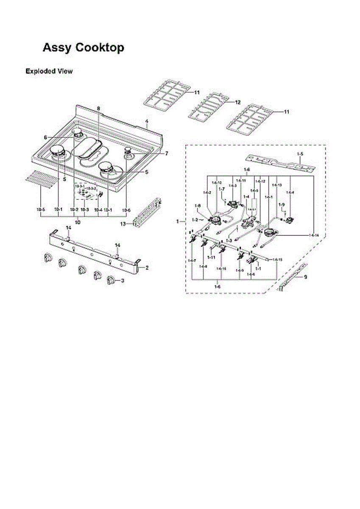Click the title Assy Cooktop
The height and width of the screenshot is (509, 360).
(x=84, y=48)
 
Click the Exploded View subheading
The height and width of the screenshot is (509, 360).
(x=49, y=71)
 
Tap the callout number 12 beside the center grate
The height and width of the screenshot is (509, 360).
(x=237, y=103)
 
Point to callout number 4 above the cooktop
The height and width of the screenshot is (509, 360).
(x=146, y=121)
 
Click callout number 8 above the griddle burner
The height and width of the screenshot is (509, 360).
(x=98, y=109)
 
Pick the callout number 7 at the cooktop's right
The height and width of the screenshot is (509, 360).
(x=166, y=154)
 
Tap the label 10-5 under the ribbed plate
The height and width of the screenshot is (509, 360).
(x=41, y=210)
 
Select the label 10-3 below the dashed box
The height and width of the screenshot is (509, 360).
(x=84, y=210)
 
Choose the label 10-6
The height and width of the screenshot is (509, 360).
(x=126, y=210)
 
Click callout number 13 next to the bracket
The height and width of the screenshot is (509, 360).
(x=123, y=224)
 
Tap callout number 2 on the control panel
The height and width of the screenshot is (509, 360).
(x=147, y=268)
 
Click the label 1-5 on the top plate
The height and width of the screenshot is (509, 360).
(x=300, y=153)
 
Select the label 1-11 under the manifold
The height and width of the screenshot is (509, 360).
(x=211, y=257)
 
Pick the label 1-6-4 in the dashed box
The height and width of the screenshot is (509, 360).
(x=290, y=193)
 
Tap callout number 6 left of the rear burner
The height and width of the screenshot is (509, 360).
(x=45, y=137)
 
